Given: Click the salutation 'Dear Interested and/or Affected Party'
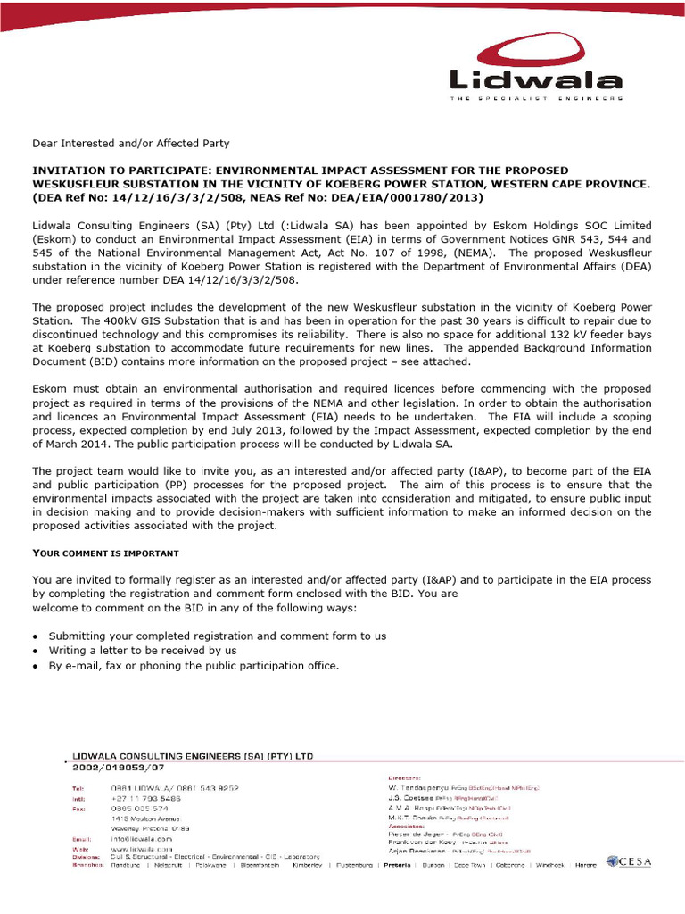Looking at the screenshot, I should coord(131,143).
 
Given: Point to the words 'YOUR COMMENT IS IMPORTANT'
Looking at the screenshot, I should coord(105,553).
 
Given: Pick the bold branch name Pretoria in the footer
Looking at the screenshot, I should coord(397,865).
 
